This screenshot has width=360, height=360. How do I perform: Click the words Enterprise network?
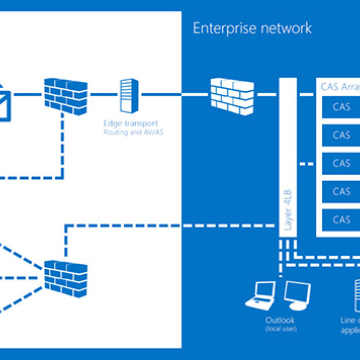coord(253,29)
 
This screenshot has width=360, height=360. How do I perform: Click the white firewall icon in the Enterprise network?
coord(231,94)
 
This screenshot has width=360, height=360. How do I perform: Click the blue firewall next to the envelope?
coord(64,96)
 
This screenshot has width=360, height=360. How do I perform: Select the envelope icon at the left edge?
coord(5,99)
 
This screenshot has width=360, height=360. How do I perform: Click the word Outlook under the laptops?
coord(277,320)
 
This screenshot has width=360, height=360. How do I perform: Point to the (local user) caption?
coord(277,329)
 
